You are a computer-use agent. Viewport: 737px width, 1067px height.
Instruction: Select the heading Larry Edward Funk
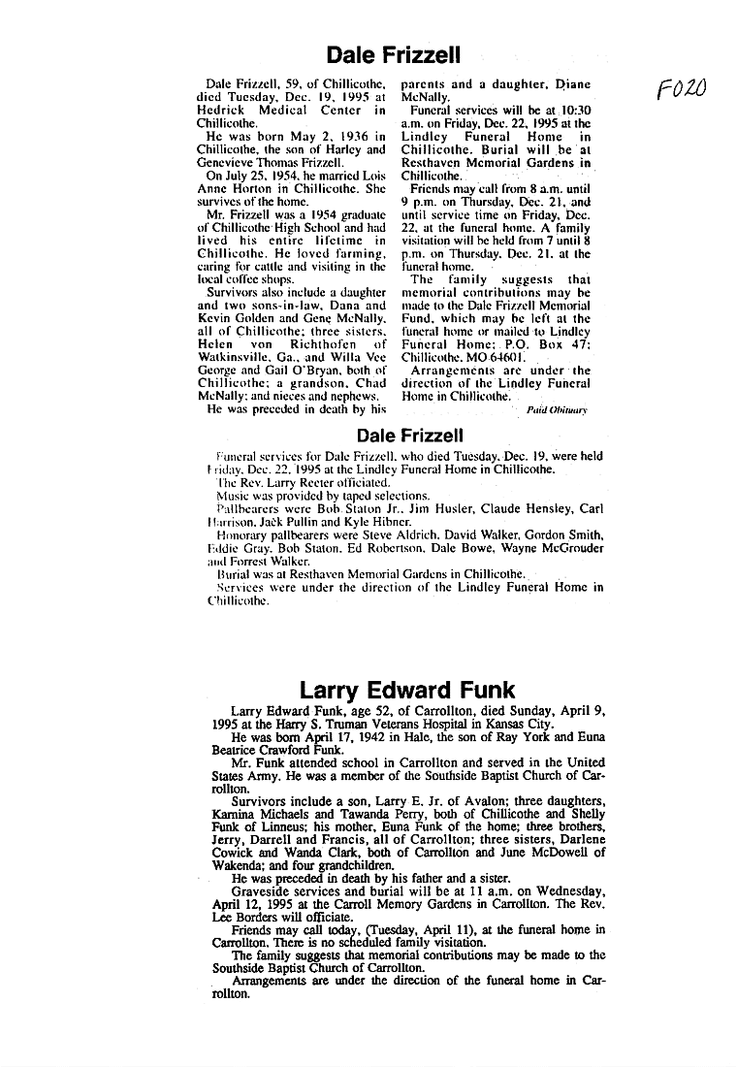[x=407, y=691]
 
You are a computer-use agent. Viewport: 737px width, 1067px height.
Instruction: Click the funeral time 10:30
[x=571, y=111]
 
